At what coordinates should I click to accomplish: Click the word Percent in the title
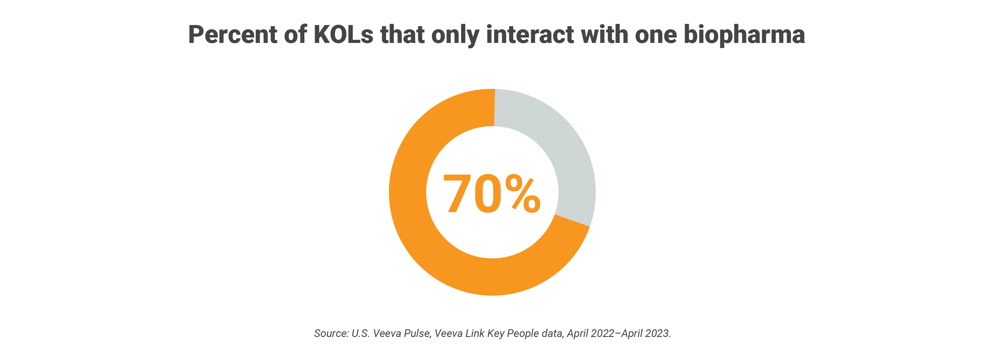[x=232, y=35]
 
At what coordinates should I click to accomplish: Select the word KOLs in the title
[x=343, y=35]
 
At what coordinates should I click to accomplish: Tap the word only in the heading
[x=455, y=35]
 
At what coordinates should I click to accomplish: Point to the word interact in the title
[x=530, y=35]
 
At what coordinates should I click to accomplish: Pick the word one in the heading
[x=655, y=35]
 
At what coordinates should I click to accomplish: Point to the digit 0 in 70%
[x=488, y=193]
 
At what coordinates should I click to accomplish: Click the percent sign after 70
[x=523, y=193]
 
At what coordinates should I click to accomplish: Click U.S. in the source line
[x=360, y=334]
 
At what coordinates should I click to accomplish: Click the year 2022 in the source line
[x=602, y=334]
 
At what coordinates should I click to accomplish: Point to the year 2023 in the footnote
[x=657, y=334]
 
